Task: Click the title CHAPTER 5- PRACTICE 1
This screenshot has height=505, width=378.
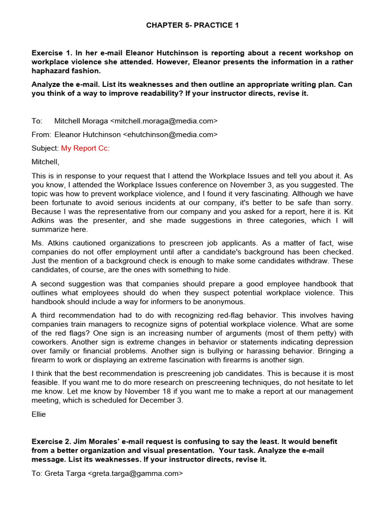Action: (192, 25)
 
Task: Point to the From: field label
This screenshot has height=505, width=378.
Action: (41, 134)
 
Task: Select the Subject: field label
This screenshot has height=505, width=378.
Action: (45, 148)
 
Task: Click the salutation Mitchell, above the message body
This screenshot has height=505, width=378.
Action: (45, 161)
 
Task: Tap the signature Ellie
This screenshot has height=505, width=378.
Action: (38, 414)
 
